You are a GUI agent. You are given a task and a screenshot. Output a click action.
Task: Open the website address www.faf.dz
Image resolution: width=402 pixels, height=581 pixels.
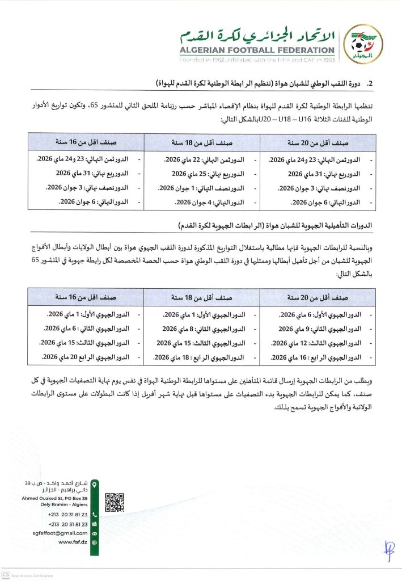point(73,542)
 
